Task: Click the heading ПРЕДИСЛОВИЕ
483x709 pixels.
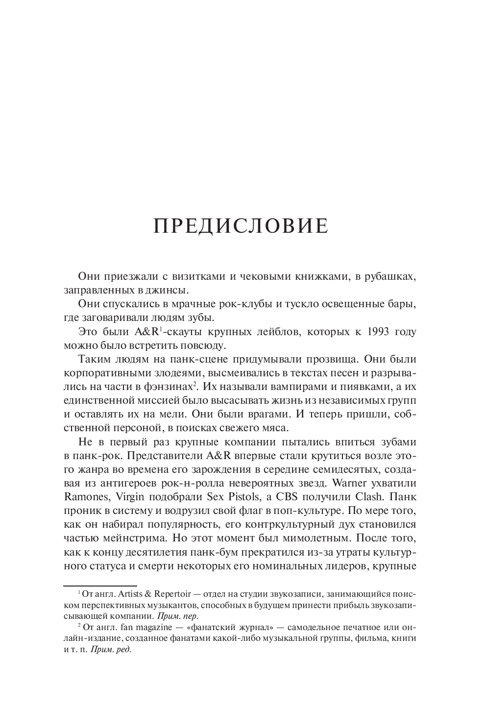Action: coord(241,226)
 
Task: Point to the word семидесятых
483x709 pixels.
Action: coord(335,469)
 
